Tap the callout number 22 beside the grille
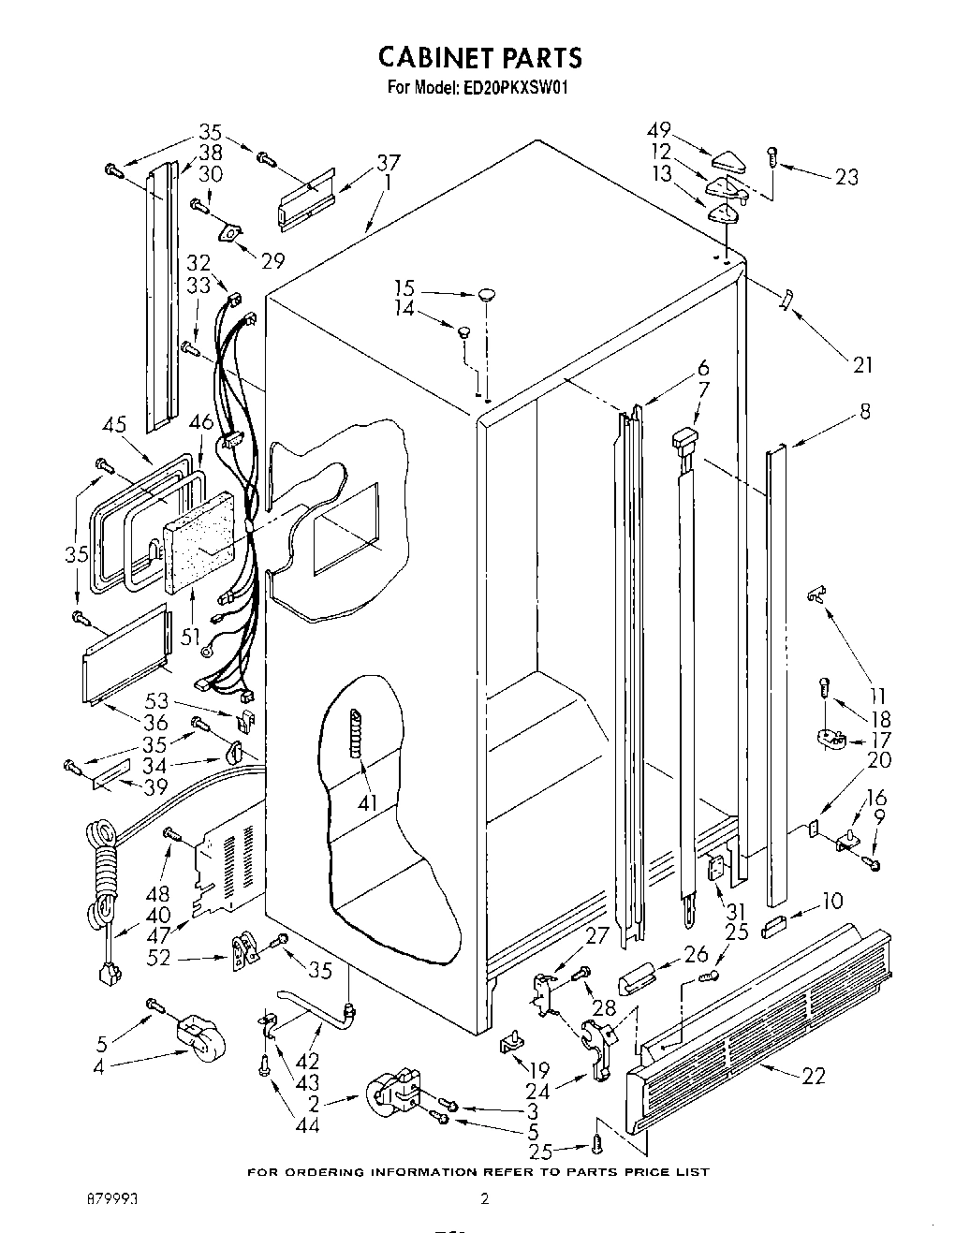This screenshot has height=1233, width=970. click(x=814, y=1076)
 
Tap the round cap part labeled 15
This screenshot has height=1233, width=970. click(x=486, y=295)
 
